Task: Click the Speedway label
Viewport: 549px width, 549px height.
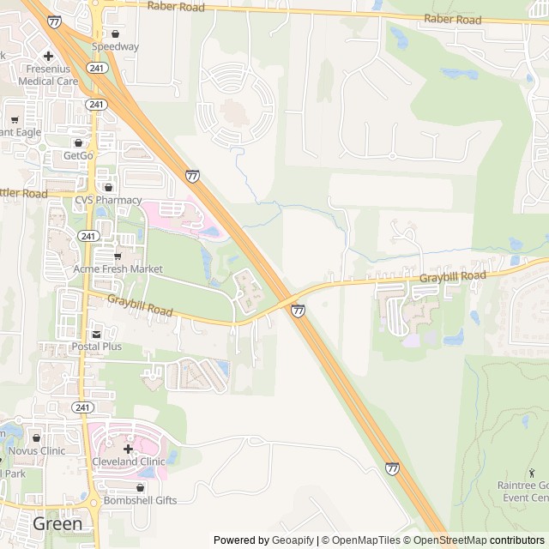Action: pos(115,46)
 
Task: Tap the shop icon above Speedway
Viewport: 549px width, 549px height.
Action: pos(115,33)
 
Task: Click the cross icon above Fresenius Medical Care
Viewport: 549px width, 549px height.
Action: pos(48,56)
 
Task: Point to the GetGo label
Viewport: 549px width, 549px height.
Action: pos(78,155)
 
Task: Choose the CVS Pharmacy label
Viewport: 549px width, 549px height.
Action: pos(106,200)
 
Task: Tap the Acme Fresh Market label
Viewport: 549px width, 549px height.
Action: pos(118,268)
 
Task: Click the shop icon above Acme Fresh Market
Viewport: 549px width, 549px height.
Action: pos(118,256)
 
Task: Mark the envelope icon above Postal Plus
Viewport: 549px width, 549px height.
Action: pos(96,334)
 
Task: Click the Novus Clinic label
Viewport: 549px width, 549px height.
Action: pos(36,450)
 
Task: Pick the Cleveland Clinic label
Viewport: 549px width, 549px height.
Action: pos(128,462)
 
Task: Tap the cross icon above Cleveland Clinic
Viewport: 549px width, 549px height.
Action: pos(128,449)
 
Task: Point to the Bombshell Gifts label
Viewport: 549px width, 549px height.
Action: pos(140,500)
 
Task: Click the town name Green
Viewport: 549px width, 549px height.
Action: pos(57,523)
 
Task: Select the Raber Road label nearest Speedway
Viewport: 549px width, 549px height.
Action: pos(176,6)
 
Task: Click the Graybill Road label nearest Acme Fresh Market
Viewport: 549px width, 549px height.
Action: pos(140,305)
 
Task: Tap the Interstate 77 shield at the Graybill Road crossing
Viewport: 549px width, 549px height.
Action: pos(297,311)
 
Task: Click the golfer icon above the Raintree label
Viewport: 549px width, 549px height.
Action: pos(532,472)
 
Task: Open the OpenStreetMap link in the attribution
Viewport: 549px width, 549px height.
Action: pos(449,540)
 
